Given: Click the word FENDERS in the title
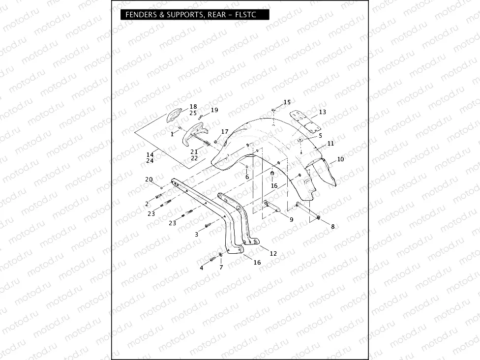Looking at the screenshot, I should (x=140, y=15).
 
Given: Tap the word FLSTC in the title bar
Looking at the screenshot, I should (x=253, y=15).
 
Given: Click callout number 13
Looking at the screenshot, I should (x=322, y=112).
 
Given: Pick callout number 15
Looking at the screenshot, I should (x=287, y=102).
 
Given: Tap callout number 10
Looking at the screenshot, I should (x=340, y=160).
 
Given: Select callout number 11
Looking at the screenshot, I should (x=330, y=143).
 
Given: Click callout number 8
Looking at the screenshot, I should (x=332, y=227).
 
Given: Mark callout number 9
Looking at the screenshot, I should (x=291, y=220).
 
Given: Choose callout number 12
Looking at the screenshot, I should (x=273, y=253).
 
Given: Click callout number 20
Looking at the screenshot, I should (x=149, y=180).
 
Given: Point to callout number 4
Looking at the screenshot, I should (x=201, y=268).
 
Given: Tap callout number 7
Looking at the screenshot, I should (x=221, y=268).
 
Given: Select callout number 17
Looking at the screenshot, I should (x=225, y=131).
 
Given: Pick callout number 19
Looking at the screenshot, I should (x=214, y=110).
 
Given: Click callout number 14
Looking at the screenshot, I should (x=150, y=154).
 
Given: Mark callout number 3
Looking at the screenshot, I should (x=197, y=235).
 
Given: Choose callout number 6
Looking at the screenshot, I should (x=247, y=177).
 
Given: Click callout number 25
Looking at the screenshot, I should (x=193, y=113).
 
